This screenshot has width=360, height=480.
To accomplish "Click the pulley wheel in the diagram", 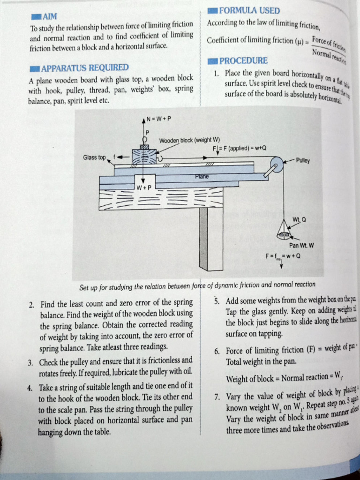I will tap(277, 165).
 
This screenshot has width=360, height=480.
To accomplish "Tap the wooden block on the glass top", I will tap(144, 157).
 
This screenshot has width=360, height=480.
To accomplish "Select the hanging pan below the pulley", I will tap(285, 232).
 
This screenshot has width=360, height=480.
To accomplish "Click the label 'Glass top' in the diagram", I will tap(95, 157).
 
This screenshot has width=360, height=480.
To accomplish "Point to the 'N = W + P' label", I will tap(159, 119).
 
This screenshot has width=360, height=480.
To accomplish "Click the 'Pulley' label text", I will tap(303, 160).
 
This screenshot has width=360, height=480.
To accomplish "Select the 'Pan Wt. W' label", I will tap(301, 245).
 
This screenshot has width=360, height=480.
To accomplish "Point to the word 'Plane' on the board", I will tap(202, 176).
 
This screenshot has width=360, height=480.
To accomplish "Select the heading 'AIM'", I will tap(49, 17).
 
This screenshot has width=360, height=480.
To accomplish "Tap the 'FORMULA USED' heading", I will tap(249, 10).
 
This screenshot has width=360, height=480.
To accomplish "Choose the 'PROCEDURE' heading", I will tap(243, 60).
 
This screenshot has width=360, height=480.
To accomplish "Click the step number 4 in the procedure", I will tap(30, 388).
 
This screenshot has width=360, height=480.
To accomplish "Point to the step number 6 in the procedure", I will tap(217, 351).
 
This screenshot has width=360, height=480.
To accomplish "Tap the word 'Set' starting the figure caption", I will tap(84, 286).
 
